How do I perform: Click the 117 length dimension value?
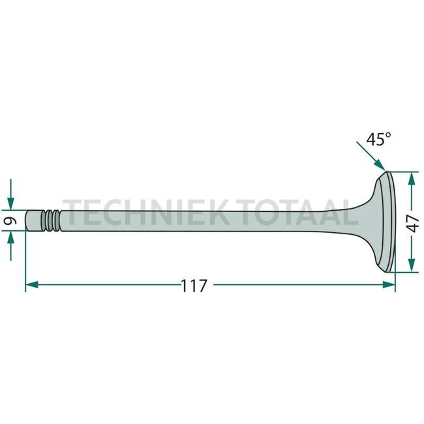(194, 286)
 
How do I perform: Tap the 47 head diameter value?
(412, 222)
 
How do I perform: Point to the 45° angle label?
(378, 140)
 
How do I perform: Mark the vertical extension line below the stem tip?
(25, 261)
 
